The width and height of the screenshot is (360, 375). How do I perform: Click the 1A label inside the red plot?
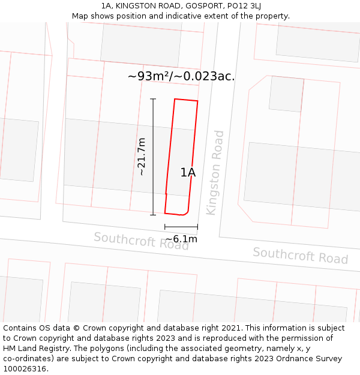click(x=188, y=173)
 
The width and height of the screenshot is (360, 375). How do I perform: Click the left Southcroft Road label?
click(x=141, y=241)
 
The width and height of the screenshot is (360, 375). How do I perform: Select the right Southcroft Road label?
click(x=300, y=255)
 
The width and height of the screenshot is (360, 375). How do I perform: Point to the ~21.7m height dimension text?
click(x=142, y=157)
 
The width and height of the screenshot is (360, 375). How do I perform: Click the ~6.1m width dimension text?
click(x=181, y=239)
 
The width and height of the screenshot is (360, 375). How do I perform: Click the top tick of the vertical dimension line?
click(x=153, y=99)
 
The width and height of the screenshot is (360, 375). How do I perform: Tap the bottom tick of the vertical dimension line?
click(x=153, y=214)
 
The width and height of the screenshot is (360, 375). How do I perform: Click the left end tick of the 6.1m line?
click(x=165, y=227)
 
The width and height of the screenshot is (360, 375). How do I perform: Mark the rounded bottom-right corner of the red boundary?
click(x=187, y=212)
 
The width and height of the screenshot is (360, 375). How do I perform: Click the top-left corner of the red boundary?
click(x=175, y=99)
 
